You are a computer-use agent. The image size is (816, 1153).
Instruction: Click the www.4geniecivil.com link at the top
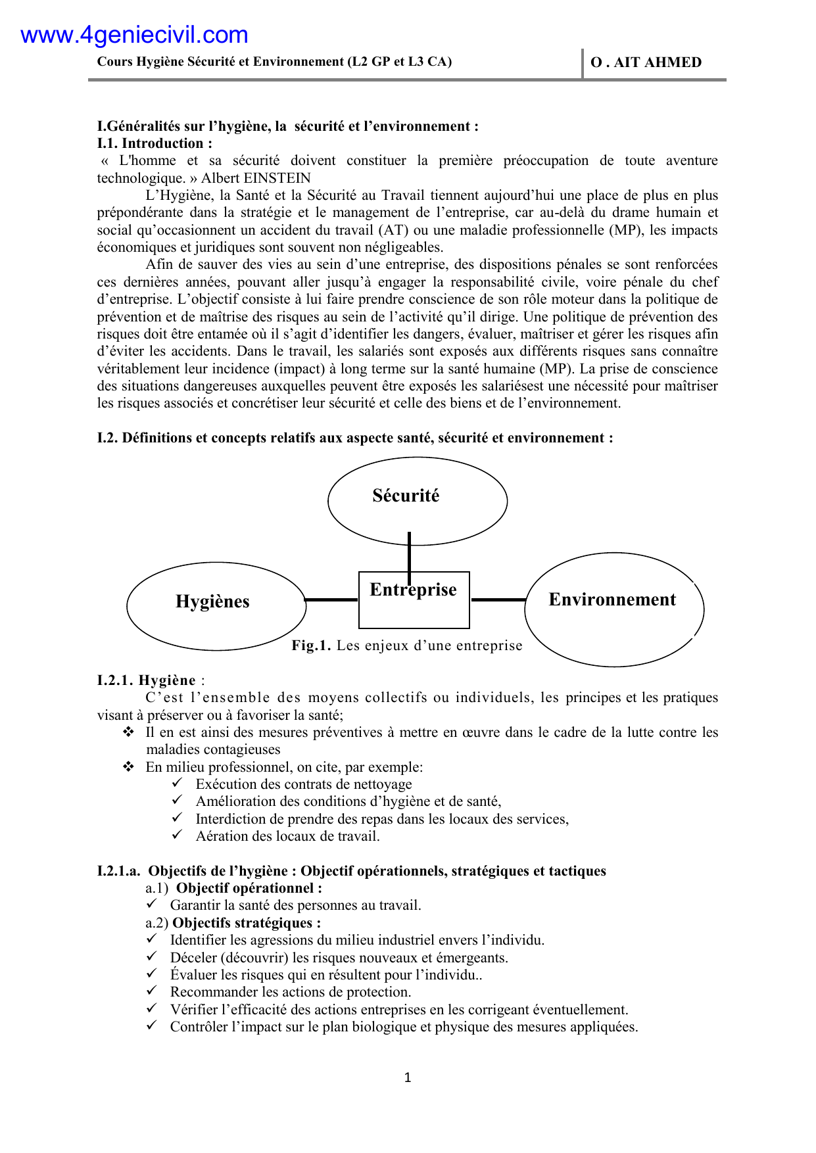pos(134,35)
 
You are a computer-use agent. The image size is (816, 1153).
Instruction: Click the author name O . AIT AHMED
pos(646,62)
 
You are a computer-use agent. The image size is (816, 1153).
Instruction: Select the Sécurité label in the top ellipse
pos(406,496)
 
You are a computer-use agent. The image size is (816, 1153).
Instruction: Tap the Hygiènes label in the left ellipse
pos(212,601)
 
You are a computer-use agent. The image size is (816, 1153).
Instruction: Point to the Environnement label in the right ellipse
pos(612,600)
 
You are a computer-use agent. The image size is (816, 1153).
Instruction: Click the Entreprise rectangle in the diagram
pos(414,611)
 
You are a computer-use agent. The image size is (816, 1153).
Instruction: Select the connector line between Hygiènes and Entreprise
pos(332,600)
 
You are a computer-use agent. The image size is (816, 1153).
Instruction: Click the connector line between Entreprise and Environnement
pos(498,600)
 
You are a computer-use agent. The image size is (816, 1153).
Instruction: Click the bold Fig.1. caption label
pos(311,646)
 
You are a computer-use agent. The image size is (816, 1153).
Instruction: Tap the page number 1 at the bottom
pos(408,1077)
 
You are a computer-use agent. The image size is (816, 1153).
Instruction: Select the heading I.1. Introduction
pos(155,143)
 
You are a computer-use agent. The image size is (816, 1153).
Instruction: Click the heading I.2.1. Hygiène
pos(147,680)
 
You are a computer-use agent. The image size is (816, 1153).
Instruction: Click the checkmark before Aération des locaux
pos(177,835)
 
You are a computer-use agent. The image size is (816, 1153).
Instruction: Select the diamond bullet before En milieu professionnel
pos(129,766)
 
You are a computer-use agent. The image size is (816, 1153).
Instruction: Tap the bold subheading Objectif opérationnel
pos(249,888)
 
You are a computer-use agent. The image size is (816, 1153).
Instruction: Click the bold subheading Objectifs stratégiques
pos(247,923)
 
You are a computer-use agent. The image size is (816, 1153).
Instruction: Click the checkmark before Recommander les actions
pos(152,991)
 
